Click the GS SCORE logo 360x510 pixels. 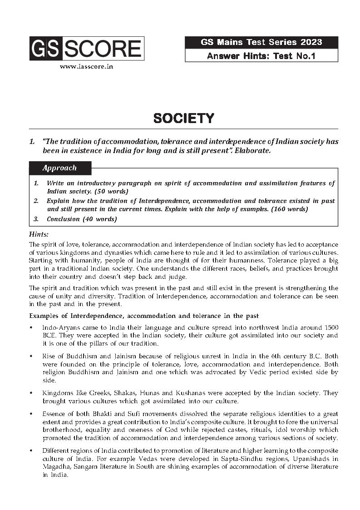87,49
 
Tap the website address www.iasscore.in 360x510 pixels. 86,66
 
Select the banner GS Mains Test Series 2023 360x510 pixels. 261,42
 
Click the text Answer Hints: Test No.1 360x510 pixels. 261,56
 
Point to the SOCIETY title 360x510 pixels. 183,119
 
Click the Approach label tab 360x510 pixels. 59,168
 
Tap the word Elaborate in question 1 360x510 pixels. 253,150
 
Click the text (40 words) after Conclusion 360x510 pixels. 99,219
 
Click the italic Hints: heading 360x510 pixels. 39,235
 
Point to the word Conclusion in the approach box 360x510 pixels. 63,219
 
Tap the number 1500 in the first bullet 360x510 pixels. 330,328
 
